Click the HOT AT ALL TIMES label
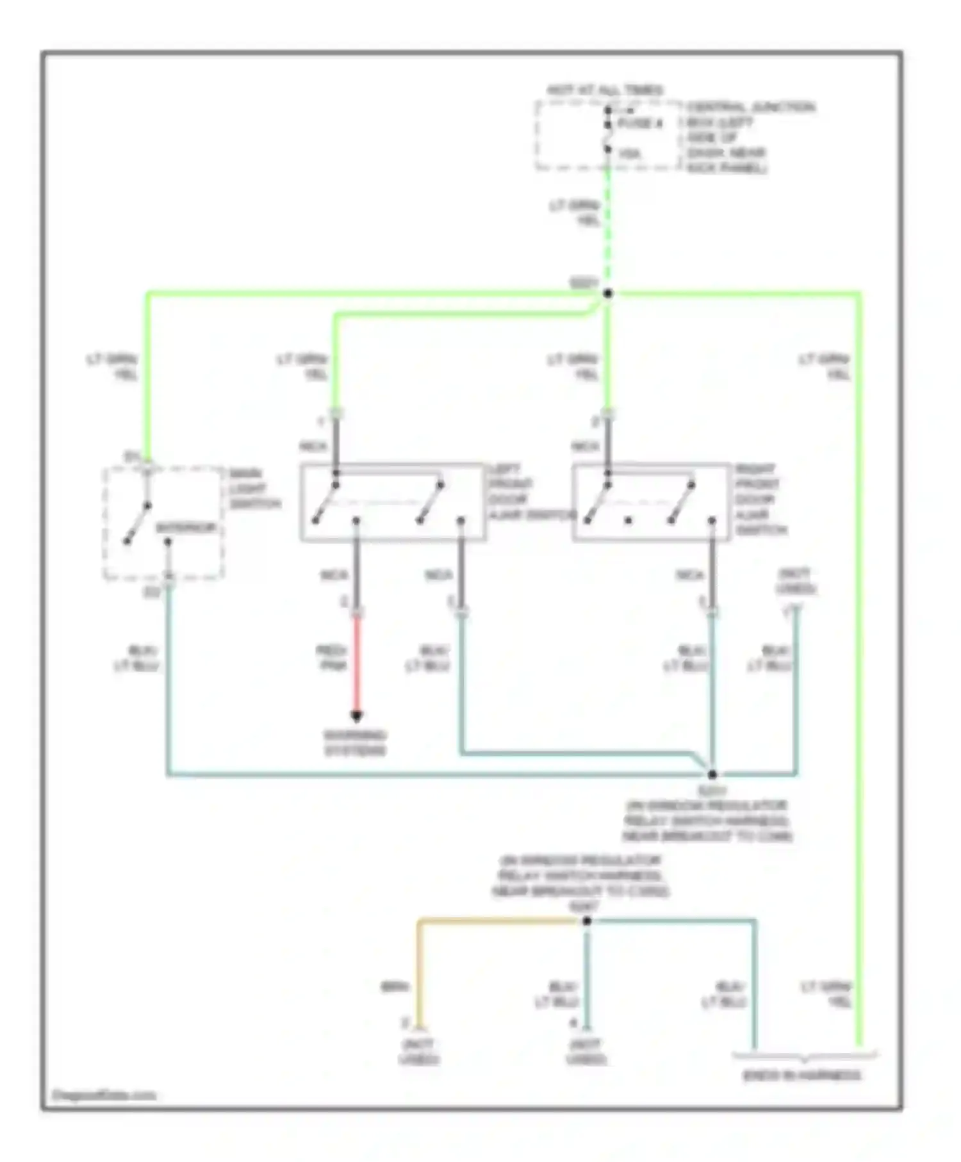pyautogui.click(x=604, y=90)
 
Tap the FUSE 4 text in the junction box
pyautogui.click(x=640, y=124)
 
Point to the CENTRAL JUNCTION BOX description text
pyautogui.click(x=750, y=137)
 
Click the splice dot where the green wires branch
pyautogui.click(x=608, y=293)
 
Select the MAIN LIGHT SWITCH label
pyautogui.click(x=254, y=489)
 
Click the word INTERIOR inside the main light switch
pyautogui.click(x=186, y=528)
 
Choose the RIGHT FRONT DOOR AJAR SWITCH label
pyautogui.click(x=760, y=500)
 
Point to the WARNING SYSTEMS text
pyautogui.click(x=355, y=742)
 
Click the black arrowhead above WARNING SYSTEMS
pyautogui.click(x=357, y=716)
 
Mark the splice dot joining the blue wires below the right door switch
pyautogui.click(x=712, y=774)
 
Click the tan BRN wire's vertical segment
pyautogui.click(x=418, y=974)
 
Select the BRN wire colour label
pyautogui.click(x=395, y=987)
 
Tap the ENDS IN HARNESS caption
pyautogui.click(x=801, y=1076)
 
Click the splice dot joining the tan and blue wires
pyautogui.click(x=586, y=921)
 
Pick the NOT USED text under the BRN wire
pyautogui.click(x=419, y=1052)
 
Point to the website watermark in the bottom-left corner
pyautogui.click(x=104, y=1095)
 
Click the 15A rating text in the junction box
pyautogui.click(x=630, y=154)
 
